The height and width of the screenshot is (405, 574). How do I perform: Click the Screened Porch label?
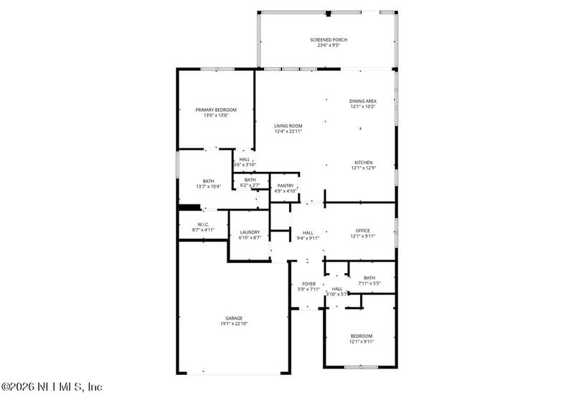coord(329,39)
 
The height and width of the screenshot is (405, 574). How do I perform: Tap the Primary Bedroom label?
coord(216,110)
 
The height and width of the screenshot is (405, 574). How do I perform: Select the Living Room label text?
coord(288,125)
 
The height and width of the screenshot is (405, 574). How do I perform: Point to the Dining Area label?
coord(363,101)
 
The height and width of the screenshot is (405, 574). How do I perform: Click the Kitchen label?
coord(363,162)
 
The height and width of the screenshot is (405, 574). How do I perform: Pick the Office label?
coord(363,230)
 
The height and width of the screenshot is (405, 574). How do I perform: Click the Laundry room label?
coord(250,232)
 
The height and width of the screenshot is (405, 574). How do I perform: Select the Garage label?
coord(234,318)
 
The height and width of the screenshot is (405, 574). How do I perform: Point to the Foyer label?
coord(308,284)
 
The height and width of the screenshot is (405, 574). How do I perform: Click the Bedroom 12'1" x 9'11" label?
coord(362,335)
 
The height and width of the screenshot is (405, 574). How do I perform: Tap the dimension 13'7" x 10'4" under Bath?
coord(208,186)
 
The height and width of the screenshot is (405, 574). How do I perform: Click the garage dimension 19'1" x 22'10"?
coord(234,324)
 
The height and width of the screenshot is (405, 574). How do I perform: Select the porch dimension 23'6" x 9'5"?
coord(329,46)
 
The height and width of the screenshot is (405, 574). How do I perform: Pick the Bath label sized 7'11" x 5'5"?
coord(369,277)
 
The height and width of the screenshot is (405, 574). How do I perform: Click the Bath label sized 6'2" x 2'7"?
coord(250,179)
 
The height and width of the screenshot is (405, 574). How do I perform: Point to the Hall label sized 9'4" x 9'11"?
coord(308,232)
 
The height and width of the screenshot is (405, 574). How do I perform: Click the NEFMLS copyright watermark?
coord(52,387)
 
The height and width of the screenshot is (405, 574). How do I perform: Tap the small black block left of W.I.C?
coord(189,209)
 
